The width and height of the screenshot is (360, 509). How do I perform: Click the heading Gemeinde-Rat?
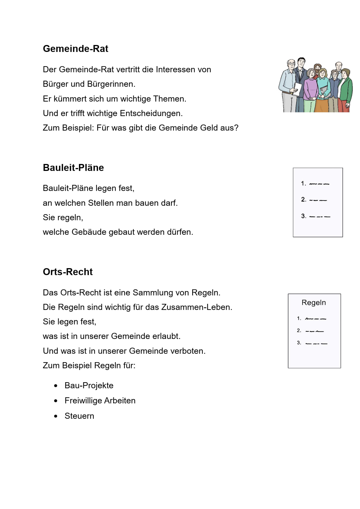click(75, 49)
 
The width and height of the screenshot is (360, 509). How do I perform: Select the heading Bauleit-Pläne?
click(73, 168)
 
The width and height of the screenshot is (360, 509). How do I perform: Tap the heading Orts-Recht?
click(68, 272)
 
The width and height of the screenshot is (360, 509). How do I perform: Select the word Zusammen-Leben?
click(197, 307)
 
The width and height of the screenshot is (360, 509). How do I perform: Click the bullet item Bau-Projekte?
click(89, 386)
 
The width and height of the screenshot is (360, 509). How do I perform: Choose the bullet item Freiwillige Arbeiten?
click(100, 401)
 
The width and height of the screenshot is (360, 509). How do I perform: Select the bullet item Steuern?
click(79, 416)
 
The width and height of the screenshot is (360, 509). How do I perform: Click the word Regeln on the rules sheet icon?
click(314, 303)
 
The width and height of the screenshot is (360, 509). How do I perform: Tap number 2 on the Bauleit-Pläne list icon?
click(303, 200)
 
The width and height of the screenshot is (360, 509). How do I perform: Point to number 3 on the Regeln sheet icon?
click(299, 343)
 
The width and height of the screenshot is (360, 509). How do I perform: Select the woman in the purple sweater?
click(311, 87)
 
